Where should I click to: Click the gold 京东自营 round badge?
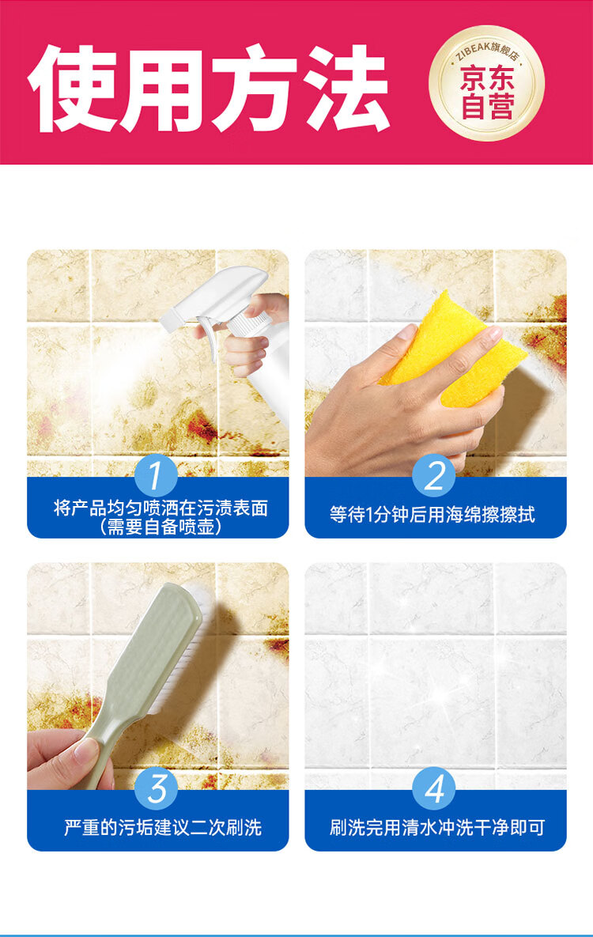click(486, 83)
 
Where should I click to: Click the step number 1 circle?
click(156, 476)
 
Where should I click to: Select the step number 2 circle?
click(434, 476)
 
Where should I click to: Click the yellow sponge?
click(455, 346)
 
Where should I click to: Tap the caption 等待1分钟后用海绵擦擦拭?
click(432, 515)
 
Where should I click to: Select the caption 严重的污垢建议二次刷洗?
click(163, 828)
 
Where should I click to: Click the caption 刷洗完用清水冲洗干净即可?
click(437, 828)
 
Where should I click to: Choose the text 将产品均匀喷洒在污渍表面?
click(161, 508)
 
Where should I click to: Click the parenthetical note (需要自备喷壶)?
click(161, 527)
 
